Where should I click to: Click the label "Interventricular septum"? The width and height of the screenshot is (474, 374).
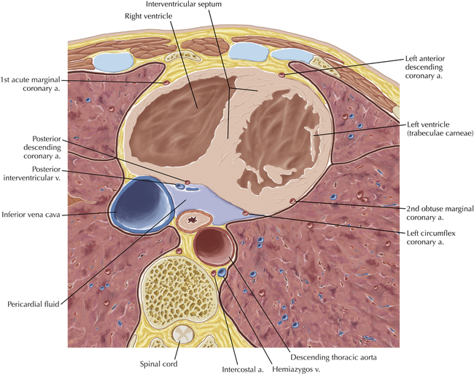point(184,4)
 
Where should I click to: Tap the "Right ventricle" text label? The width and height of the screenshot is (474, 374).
point(149,16)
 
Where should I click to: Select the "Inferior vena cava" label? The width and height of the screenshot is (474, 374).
point(31,215)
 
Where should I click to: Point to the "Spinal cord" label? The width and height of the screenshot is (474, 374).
point(158,364)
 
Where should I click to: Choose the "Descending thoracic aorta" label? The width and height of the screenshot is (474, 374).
point(333,357)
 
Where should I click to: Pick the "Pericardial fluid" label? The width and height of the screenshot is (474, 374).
point(34,304)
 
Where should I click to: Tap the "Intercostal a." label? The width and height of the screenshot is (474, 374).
point(243,370)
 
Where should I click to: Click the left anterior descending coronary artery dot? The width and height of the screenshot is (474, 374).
point(281,75)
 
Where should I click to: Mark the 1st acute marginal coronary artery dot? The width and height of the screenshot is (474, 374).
point(166,83)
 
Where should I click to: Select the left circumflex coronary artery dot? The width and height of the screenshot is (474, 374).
point(246,213)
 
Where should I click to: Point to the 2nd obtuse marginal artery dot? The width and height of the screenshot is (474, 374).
point(292,201)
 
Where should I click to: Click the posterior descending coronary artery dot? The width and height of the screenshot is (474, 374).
point(187,182)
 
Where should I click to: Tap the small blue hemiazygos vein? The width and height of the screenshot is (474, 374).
point(222,272)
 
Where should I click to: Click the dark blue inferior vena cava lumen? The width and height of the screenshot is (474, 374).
point(139,204)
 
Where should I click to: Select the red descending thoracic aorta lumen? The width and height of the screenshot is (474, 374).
point(213,245)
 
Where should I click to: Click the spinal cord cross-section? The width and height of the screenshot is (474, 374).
point(181,333)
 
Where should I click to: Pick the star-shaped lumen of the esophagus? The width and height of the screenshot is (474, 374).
point(192,220)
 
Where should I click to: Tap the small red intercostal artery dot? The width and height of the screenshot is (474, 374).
point(214,274)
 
